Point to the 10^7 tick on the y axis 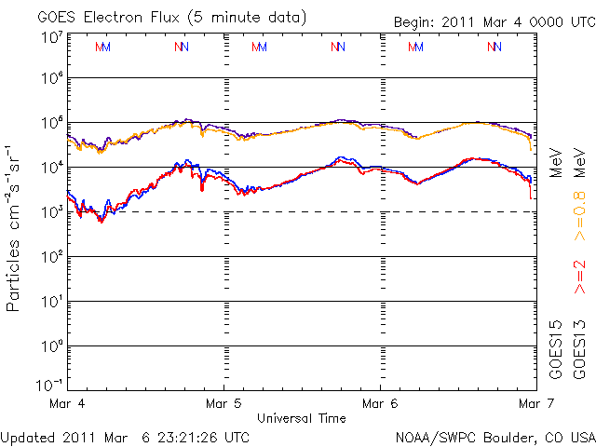tap(50, 37)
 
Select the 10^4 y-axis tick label tap(50, 168)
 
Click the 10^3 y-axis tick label tap(50, 212)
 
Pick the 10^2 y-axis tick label tap(50, 257)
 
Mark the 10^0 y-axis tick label tap(50, 346)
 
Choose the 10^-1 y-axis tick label tap(48, 385)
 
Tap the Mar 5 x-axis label tap(223, 404)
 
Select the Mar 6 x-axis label tap(379, 404)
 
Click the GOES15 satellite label tap(556, 349)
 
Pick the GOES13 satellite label tap(579, 349)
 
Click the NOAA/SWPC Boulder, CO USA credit tap(494, 437)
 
